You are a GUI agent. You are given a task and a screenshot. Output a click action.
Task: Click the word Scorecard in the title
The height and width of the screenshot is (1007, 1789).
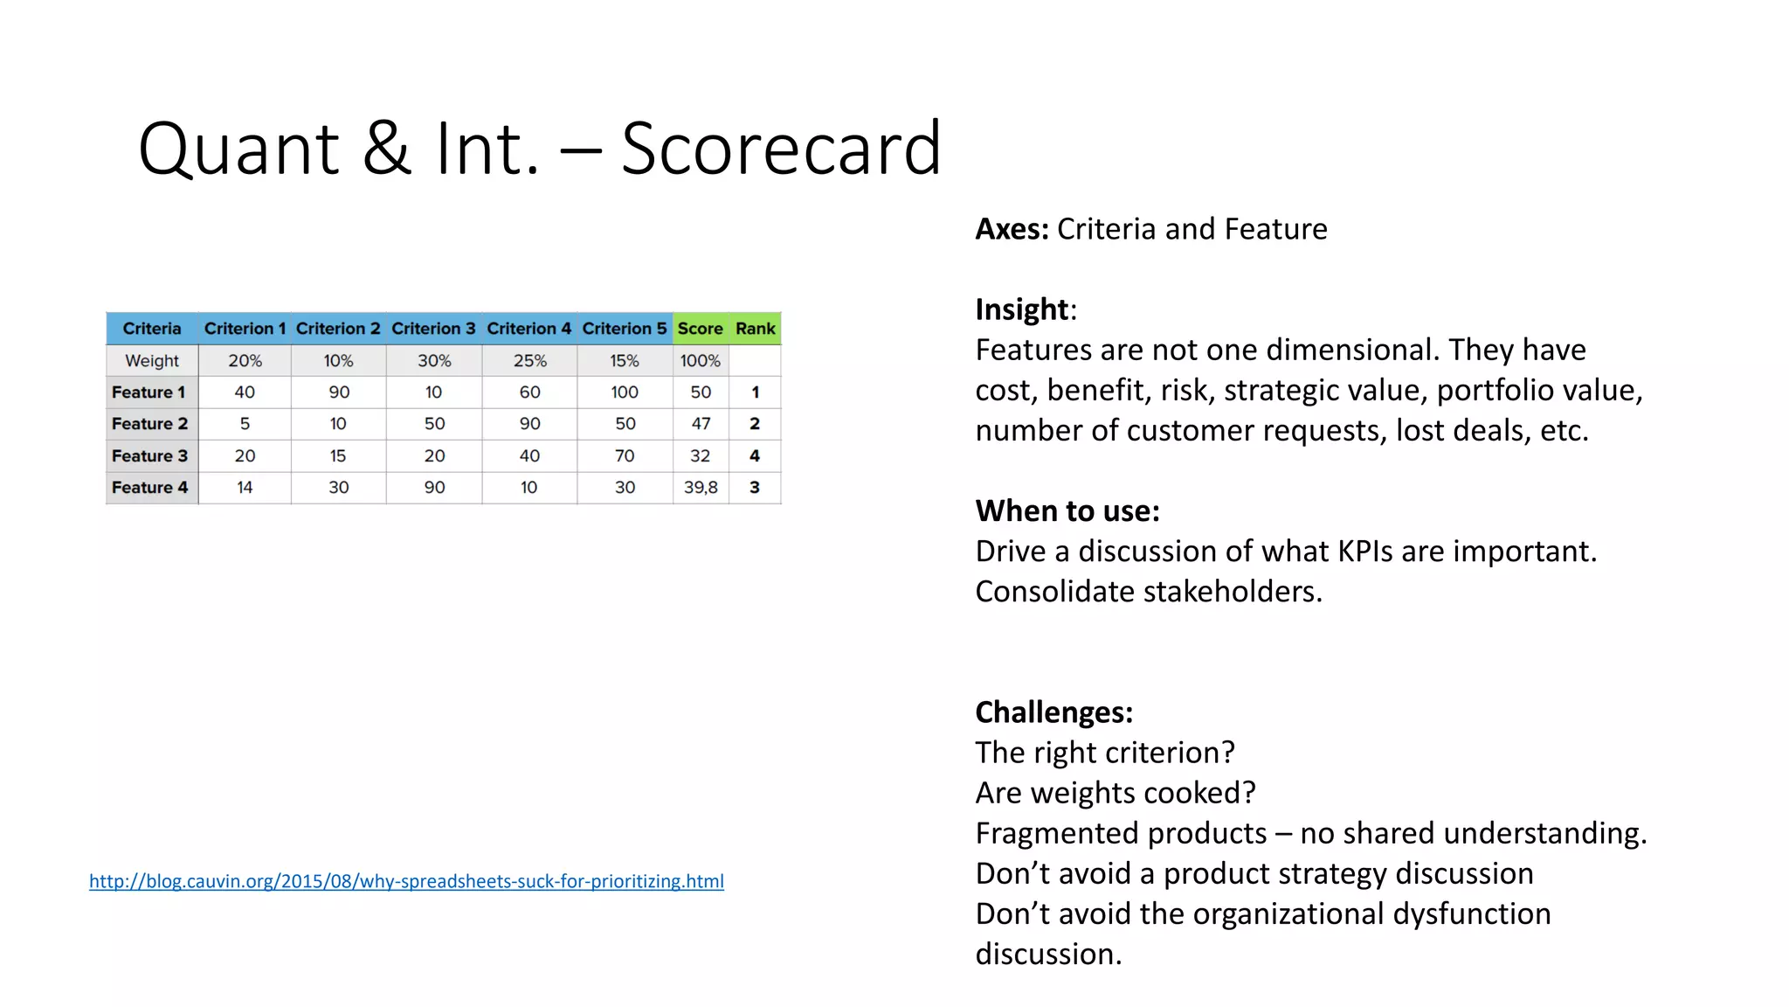tap(781, 149)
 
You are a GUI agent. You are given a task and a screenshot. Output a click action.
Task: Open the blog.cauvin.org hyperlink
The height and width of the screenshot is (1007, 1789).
tap(406, 881)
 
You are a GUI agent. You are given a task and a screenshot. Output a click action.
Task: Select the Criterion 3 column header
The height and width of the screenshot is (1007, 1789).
tap(433, 329)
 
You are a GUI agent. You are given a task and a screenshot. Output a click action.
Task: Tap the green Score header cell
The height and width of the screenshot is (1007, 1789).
tap(700, 329)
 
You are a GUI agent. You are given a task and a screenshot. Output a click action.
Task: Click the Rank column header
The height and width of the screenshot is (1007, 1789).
tap(755, 329)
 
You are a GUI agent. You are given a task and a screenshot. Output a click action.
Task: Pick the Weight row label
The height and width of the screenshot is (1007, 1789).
tap(152, 360)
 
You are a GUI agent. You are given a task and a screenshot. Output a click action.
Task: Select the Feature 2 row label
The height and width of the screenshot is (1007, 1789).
tap(150, 424)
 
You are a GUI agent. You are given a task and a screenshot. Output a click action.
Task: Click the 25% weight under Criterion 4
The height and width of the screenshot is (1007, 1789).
tap(529, 360)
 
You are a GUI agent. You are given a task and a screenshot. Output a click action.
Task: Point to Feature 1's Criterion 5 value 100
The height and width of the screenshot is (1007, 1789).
tap(625, 392)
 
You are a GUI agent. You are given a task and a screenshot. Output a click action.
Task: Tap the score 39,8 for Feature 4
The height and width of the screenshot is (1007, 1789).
tap(701, 488)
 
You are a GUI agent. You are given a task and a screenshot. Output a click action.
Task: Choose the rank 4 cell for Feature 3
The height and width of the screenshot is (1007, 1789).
tap(755, 455)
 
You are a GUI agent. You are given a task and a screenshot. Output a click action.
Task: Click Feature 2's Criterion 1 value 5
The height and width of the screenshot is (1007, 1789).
tap(245, 424)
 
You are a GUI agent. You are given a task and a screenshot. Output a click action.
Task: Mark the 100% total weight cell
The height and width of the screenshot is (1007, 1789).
tap(701, 360)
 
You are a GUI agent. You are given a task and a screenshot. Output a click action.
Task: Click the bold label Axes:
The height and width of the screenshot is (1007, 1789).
tap(1012, 229)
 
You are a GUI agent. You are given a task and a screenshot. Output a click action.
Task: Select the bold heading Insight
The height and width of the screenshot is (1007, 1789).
tap(1022, 309)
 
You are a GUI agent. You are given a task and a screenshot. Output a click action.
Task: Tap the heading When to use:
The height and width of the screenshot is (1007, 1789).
tap(1067, 510)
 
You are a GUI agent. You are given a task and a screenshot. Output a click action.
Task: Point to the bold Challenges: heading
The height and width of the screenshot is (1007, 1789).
tap(1053, 712)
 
